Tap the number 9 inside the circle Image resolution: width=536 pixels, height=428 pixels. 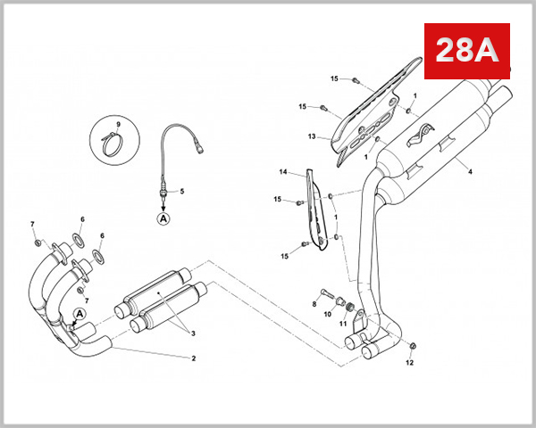click(117, 123)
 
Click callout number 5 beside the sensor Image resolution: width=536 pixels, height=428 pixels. click(181, 191)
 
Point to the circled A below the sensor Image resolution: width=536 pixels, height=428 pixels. click(163, 217)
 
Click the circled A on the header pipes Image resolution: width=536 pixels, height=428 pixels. click(79, 314)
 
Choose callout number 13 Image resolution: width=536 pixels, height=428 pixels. click(312, 137)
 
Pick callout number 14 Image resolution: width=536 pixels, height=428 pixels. click(283, 171)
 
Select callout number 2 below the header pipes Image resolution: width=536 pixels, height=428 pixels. click(192, 358)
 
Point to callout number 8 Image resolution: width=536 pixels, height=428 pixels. click(314, 304)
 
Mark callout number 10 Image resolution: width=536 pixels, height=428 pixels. click(328, 314)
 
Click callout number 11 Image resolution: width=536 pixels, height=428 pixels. click(343, 323)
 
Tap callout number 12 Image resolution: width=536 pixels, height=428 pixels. click(411, 363)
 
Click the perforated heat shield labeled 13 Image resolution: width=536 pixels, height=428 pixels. click(375, 111)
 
